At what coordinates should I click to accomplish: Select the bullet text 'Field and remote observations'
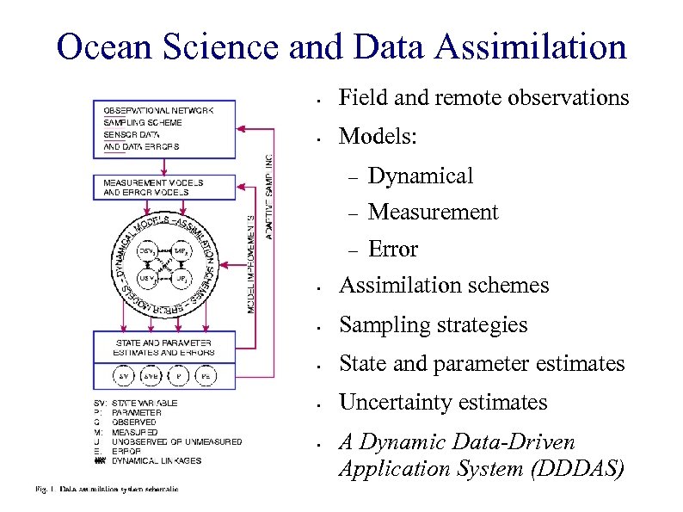point(483,98)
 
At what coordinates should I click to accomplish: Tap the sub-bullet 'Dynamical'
point(420,176)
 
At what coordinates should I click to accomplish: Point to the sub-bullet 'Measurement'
point(433,213)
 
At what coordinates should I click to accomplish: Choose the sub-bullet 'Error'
point(392,250)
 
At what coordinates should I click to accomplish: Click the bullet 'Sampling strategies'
point(433,325)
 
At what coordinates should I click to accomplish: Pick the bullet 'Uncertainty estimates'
point(443,403)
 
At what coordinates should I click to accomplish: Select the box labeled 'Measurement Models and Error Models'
point(163,188)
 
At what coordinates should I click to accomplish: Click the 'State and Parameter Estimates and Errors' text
point(163,347)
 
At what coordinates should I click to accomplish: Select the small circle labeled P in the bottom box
point(178,377)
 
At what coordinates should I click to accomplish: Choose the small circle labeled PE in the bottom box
point(206,377)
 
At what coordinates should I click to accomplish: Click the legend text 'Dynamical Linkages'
point(157,461)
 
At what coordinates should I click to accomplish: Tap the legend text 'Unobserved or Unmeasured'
point(176,442)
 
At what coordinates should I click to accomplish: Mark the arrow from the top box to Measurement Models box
point(163,167)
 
